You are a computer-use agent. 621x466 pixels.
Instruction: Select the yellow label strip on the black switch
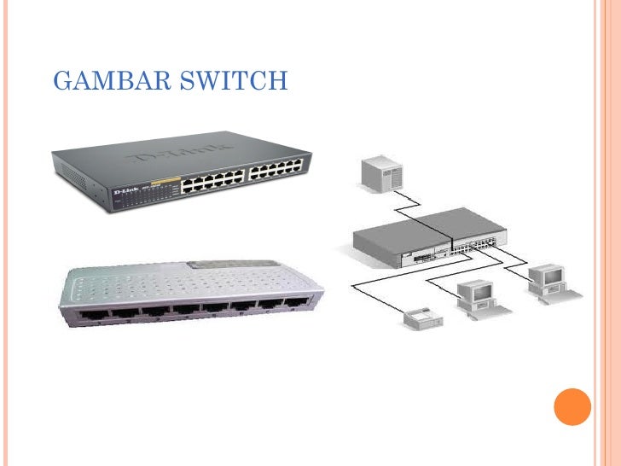click(171, 180)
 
